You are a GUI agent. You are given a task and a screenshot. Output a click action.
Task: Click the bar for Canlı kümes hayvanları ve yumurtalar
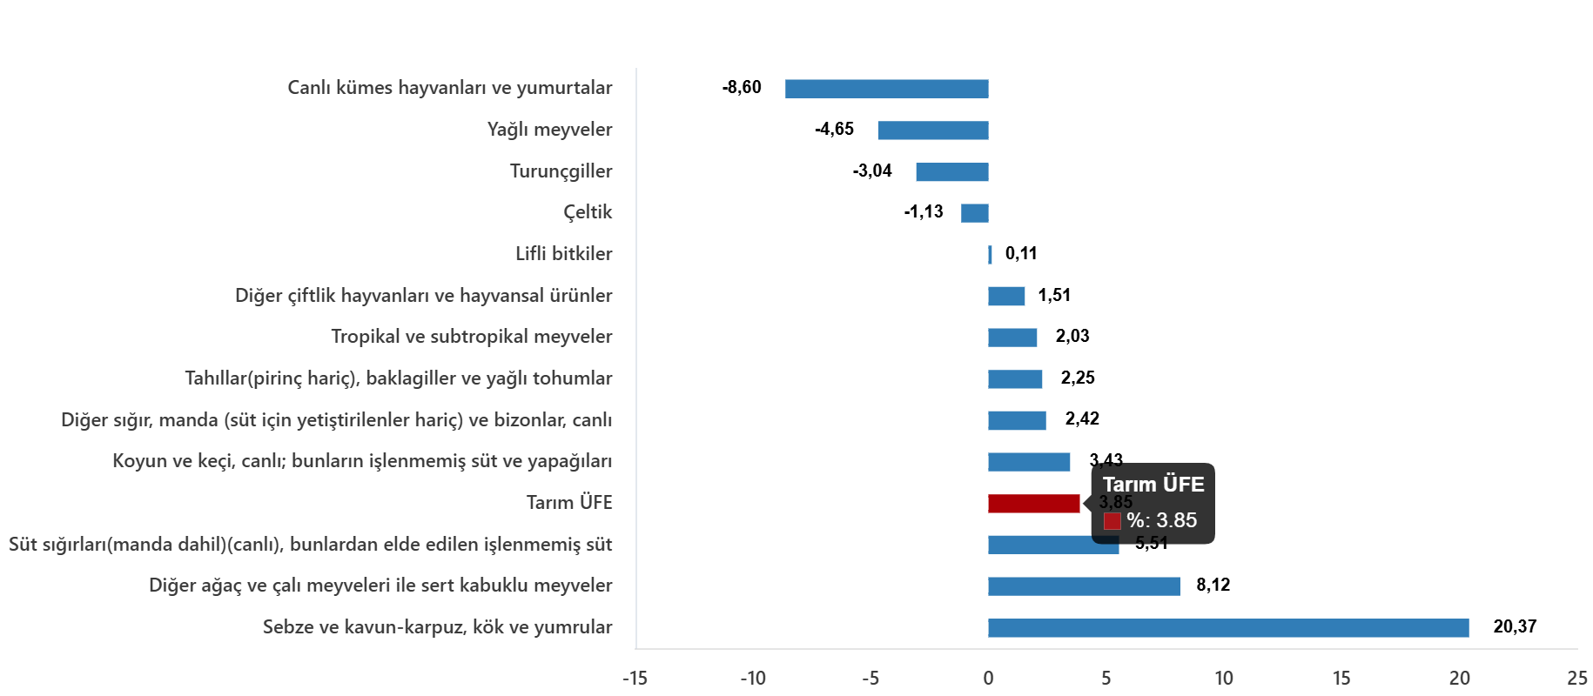(886, 89)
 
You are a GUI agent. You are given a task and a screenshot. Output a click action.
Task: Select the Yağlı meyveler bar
(933, 130)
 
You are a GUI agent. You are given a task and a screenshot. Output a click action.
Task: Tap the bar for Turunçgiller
(951, 172)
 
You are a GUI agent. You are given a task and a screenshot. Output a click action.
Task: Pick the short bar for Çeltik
(974, 213)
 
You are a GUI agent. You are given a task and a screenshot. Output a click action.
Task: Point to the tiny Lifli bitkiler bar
(990, 255)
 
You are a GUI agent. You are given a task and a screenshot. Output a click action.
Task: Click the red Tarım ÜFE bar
(1033, 504)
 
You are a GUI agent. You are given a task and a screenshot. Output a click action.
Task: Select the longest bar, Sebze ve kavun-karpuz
(1227, 628)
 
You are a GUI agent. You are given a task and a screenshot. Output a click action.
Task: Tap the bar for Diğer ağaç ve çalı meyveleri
(1084, 586)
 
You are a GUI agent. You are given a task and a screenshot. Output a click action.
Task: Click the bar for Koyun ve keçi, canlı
(1029, 462)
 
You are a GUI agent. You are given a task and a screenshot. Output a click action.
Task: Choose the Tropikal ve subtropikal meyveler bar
(1012, 338)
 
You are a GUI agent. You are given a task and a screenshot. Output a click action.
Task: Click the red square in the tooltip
(1112, 521)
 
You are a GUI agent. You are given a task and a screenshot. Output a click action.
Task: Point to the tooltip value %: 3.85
(1161, 520)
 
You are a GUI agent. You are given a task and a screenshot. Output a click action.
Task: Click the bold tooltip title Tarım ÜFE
(1153, 485)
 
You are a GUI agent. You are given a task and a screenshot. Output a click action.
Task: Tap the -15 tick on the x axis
(635, 679)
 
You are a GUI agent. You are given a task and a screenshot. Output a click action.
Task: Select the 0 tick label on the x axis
(988, 679)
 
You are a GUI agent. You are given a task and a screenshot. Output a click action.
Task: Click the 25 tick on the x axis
(1576, 679)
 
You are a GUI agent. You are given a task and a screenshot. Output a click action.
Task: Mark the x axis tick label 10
(1223, 679)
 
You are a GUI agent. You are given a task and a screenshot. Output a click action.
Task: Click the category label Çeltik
(588, 212)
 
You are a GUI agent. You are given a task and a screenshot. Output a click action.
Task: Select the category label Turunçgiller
(561, 171)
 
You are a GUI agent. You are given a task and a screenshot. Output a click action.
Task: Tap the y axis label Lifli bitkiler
(563, 254)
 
